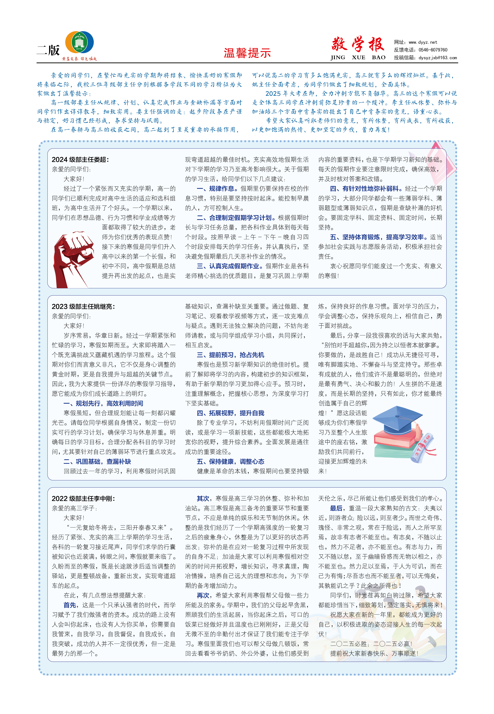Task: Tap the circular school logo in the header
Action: click(80, 42)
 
